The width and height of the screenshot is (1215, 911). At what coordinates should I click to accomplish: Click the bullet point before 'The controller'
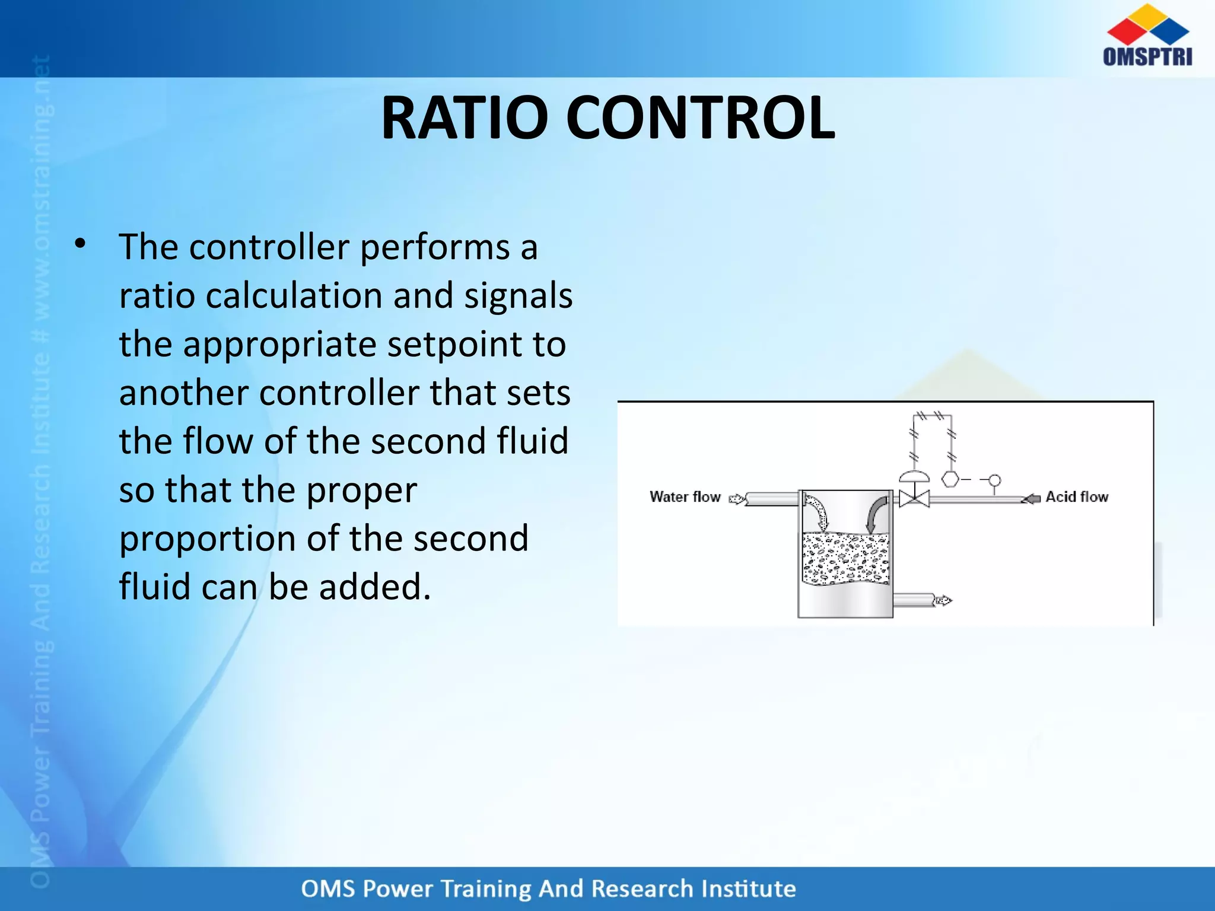(x=80, y=244)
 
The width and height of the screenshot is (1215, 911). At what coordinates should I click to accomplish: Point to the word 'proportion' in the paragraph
(x=208, y=539)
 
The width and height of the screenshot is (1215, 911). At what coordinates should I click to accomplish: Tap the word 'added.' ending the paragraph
(x=374, y=587)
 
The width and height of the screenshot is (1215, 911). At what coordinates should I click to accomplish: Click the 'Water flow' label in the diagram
(x=685, y=496)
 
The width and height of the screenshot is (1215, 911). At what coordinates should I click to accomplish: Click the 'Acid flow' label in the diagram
(x=1076, y=496)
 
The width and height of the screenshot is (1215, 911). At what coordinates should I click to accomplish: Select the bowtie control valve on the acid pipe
(x=914, y=499)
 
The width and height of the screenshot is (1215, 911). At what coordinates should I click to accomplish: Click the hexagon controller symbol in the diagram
(x=950, y=479)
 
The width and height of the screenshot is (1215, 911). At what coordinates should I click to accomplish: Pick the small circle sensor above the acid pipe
(x=995, y=480)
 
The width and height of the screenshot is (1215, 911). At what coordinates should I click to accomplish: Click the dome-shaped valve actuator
(x=914, y=476)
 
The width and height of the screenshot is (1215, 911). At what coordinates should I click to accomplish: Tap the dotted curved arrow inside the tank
(x=818, y=514)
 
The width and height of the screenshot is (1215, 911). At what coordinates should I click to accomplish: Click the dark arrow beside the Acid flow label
(x=1031, y=499)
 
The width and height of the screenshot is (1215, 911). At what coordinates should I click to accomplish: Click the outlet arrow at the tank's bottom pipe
(x=943, y=601)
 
